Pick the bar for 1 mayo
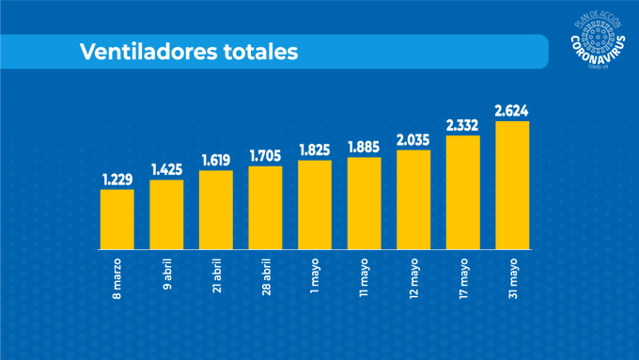(x=315, y=204)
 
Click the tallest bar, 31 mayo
(x=512, y=184)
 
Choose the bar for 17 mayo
(x=462, y=192)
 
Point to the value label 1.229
(x=117, y=180)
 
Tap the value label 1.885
(x=364, y=147)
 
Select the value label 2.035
(x=413, y=140)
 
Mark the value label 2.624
(x=512, y=111)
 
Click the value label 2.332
(x=462, y=125)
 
